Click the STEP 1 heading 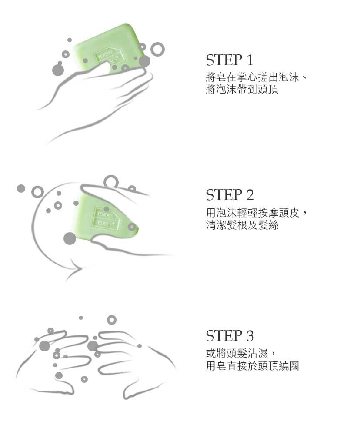[x=230, y=60]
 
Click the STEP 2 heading [x=230, y=195]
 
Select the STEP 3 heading [x=230, y=336]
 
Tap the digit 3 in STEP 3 [x=250, y=336]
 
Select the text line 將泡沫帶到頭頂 [x=242, y=89]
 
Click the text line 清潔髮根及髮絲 [x=242, y=225]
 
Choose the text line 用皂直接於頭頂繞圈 [x=252, y=366]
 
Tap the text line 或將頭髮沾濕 [x=237, y=353]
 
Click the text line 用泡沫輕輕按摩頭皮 [x=252, y=213]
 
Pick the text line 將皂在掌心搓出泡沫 [x=252, y=77]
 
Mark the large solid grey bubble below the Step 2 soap [x=70, y=238]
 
